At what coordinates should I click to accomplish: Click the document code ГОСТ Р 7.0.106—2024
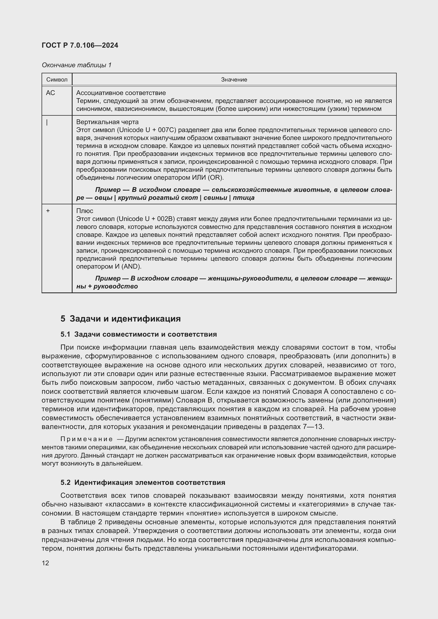point(80,45)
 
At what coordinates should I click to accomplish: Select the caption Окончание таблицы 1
point(77,65)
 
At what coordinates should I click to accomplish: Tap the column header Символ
point(57,80)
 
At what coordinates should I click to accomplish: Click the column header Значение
point(234,80)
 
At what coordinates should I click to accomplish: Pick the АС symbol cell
point(50,93)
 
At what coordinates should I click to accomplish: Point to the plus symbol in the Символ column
point(48,211)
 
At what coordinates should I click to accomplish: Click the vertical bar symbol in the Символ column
point(47,123)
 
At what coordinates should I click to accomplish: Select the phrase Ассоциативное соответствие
point(121,93)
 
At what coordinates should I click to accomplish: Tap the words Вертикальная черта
point(107,122)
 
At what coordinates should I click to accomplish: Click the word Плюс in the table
point(85,211)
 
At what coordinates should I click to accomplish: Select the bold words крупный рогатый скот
point(158,198)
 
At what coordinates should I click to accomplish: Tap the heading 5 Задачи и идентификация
point(120,319)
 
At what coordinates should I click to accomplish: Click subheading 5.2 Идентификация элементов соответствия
point(143,482)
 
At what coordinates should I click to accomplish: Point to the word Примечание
point(87,439)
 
